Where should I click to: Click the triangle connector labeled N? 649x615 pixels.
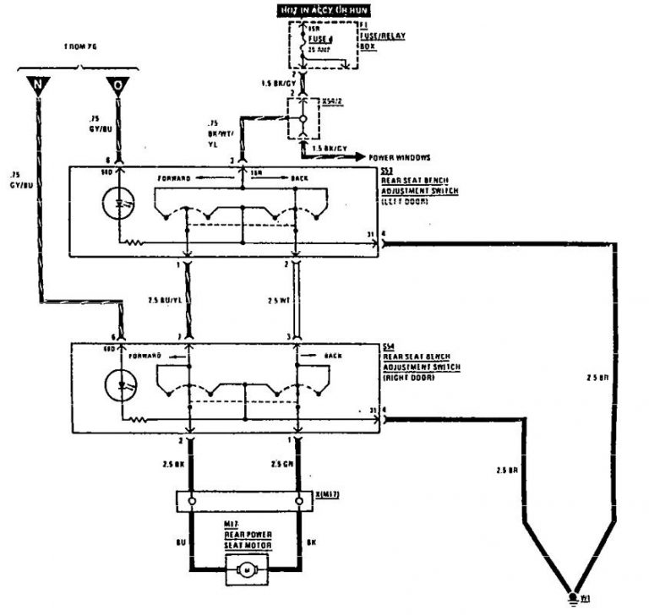[x=38, y=84]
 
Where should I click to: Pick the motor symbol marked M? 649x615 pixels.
[x=248, y=572]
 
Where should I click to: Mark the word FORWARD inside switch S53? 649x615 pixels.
[x=174, y=178]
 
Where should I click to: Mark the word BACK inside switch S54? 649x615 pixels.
[x=334, y=356]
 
